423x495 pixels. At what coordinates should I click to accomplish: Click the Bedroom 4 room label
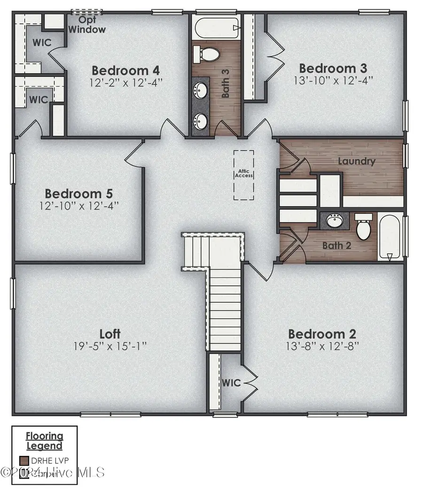coord(125,71)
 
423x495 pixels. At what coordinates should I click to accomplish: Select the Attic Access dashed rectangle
coord(244,175)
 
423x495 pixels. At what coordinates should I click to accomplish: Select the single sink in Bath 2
coord(335,221)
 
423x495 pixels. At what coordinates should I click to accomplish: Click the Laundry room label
coord(357,161)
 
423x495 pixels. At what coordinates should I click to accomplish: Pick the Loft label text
coord(110,334)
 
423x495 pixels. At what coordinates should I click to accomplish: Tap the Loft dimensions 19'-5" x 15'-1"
coord(110,346)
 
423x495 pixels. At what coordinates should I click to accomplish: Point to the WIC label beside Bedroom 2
coord(231,383)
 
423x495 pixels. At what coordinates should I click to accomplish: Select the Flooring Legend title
coord(44,440)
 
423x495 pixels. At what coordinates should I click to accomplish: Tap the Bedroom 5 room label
coord(78,193)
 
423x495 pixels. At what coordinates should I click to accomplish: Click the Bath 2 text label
coord(336,245)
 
